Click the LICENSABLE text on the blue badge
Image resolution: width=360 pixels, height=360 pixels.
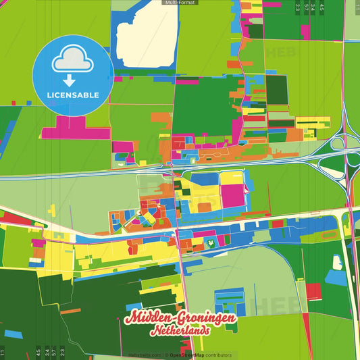tap(72, 94)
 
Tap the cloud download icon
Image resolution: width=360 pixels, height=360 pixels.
tap(72, 64)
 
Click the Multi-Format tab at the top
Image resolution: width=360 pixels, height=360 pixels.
tap(180, 3)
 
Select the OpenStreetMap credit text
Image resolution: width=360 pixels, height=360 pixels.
tap(190, 355)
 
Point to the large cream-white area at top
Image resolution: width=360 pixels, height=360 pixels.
tap(147, 41)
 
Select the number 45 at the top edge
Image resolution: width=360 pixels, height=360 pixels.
tap(322, 7)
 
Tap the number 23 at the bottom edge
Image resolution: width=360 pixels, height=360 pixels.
tap(62, 351)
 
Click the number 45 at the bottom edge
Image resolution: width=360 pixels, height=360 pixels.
tap(38, 351)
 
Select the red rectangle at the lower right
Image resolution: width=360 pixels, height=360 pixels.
tap(313, 291)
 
